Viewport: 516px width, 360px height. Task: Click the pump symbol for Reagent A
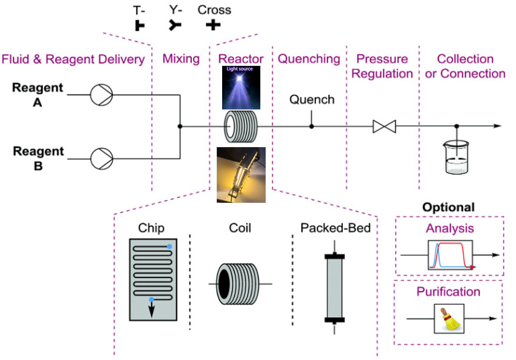[x=101, y=95]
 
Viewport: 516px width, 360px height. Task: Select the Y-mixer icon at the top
[x=175, y=26]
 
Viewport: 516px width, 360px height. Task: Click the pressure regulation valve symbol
[x=384, y=126]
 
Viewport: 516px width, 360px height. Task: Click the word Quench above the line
[x=311, y=100]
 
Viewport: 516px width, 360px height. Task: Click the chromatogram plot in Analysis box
[x=449, y=257]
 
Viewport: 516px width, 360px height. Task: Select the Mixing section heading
[x=181, y=58]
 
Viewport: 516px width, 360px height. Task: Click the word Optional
[x=449, y=208]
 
